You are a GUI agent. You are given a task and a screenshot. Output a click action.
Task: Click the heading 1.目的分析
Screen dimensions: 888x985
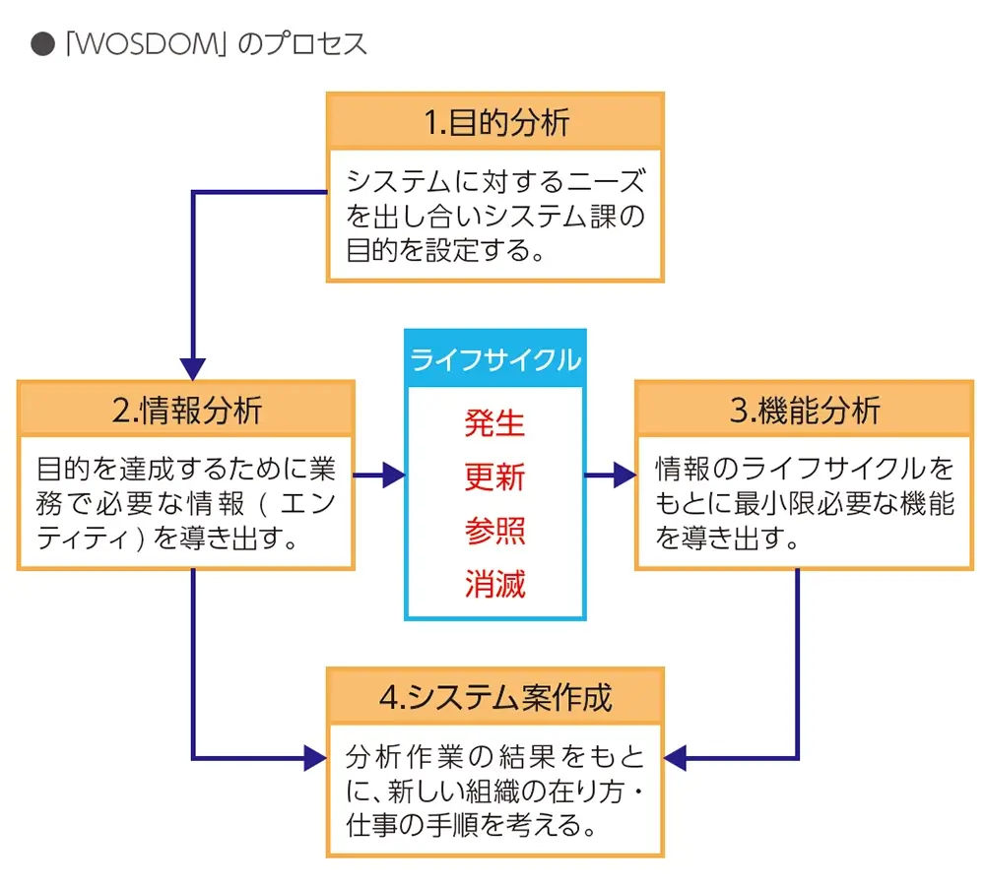point(495,122)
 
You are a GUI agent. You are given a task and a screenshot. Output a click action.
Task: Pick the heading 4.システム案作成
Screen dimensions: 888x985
point(495,697)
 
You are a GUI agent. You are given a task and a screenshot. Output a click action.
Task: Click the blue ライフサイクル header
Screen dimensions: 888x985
point(495,359)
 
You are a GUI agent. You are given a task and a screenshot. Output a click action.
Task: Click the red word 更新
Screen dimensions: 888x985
point(495,477)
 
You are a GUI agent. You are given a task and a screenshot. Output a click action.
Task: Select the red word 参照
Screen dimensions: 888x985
point(495,532)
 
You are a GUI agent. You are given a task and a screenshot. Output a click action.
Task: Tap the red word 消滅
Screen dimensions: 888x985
point(495,586)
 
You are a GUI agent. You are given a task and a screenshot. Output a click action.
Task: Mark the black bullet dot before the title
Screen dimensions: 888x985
point(42,45)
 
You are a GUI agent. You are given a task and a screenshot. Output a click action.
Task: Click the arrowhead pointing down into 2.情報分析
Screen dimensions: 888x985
point(193,368)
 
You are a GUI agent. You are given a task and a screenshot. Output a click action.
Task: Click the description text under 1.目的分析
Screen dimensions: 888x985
point(495,215)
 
